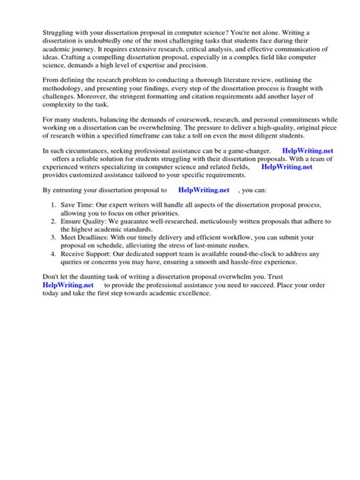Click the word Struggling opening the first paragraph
(x=43, y=36)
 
